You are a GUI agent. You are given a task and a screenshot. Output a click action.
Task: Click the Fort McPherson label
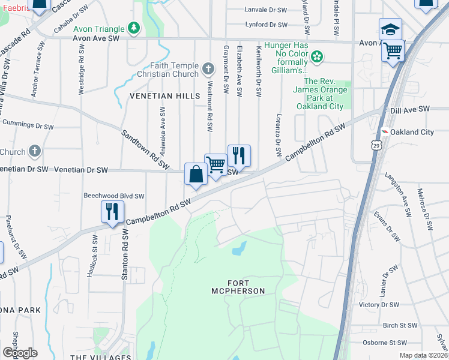click(x=246, y=287)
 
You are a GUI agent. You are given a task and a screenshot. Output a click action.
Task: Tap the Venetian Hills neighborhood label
click(x=158, y=97)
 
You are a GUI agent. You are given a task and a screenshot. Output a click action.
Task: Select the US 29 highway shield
click(x=376, y=145)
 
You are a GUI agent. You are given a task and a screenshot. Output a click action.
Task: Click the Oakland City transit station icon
click(x=384, y=132)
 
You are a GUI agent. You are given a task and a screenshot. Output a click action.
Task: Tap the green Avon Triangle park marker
click(x=134, y=28)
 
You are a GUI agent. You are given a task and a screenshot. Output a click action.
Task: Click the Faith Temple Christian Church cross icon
click(x=208, y=70)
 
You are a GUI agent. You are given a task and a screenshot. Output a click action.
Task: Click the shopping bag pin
click(x=196, y=175)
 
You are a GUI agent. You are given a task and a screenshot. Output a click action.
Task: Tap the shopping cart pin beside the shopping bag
click(x=215, y=165)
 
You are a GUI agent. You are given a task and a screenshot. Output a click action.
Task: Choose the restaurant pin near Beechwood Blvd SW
click(x=112, y=212)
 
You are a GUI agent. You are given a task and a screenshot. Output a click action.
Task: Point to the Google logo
click(x=20, y=352)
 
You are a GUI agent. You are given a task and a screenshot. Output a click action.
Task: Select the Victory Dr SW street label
click(x=378, y=305)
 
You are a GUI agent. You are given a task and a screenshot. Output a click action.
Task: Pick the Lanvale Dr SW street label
click(x=265, y=10)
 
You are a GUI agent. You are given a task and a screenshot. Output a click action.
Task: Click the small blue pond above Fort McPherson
click(x=240, y=247)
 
